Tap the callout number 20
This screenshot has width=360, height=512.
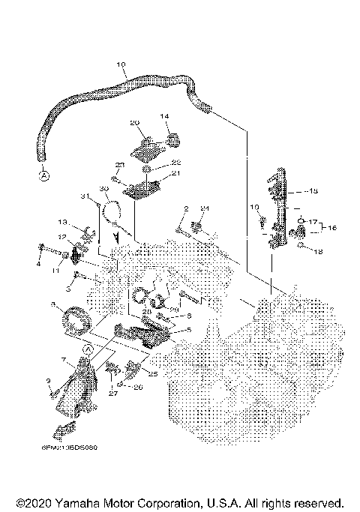point(136,122)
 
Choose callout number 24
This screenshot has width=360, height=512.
point(204,208)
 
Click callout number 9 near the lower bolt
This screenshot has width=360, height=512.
point(49,381)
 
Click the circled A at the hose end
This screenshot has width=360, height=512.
point(43,176)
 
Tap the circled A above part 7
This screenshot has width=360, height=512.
point(87,349)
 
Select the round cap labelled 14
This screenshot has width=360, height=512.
point(173,138)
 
